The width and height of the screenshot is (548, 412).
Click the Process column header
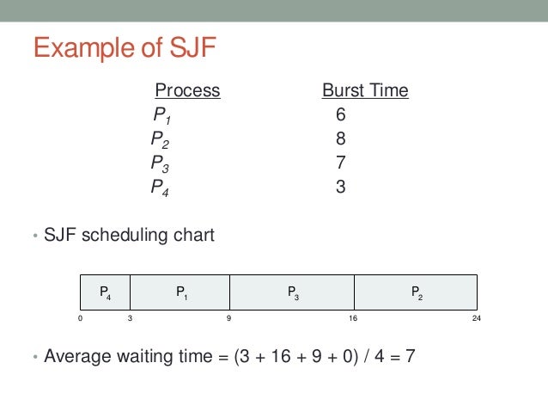tap(187, 90)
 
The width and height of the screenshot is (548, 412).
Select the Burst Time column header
tap(365, 90)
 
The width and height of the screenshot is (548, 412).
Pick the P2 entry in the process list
tap(160, 138)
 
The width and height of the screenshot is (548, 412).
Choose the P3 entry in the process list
tap(160, 163)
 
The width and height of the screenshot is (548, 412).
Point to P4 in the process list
tap(160, 187)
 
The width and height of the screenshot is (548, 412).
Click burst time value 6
tap(341, 115)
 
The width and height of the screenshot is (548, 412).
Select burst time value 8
tap(341, 138)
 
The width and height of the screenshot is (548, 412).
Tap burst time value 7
tap(341, 163)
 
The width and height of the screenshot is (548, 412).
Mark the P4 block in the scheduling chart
tap(104, 293)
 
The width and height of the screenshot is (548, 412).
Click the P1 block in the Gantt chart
tap(181, 293)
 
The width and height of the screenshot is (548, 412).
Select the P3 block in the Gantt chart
tap(293, 293)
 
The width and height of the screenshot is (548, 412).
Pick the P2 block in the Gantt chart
tap(416, 293)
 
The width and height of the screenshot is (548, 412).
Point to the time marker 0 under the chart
tap(79, 319)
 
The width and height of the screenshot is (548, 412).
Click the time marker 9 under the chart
tap(229, 319)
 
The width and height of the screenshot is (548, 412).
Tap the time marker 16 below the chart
tap(353, 319)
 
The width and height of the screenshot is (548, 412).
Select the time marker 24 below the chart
tap(476, 319)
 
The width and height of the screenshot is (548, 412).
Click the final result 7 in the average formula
tap(411, 355)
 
